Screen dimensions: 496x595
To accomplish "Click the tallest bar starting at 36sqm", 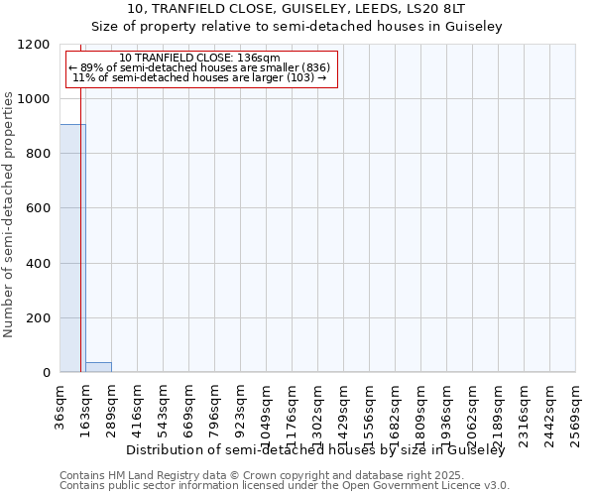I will click(72, 248).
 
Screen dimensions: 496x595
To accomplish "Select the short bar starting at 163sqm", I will click(98, 367).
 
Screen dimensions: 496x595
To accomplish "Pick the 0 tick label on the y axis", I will click(46, 373).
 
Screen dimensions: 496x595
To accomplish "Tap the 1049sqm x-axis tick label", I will click(267, 408).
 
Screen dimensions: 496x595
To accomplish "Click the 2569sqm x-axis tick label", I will click(576, 408).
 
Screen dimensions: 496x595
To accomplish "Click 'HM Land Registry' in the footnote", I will click(147, 475).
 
